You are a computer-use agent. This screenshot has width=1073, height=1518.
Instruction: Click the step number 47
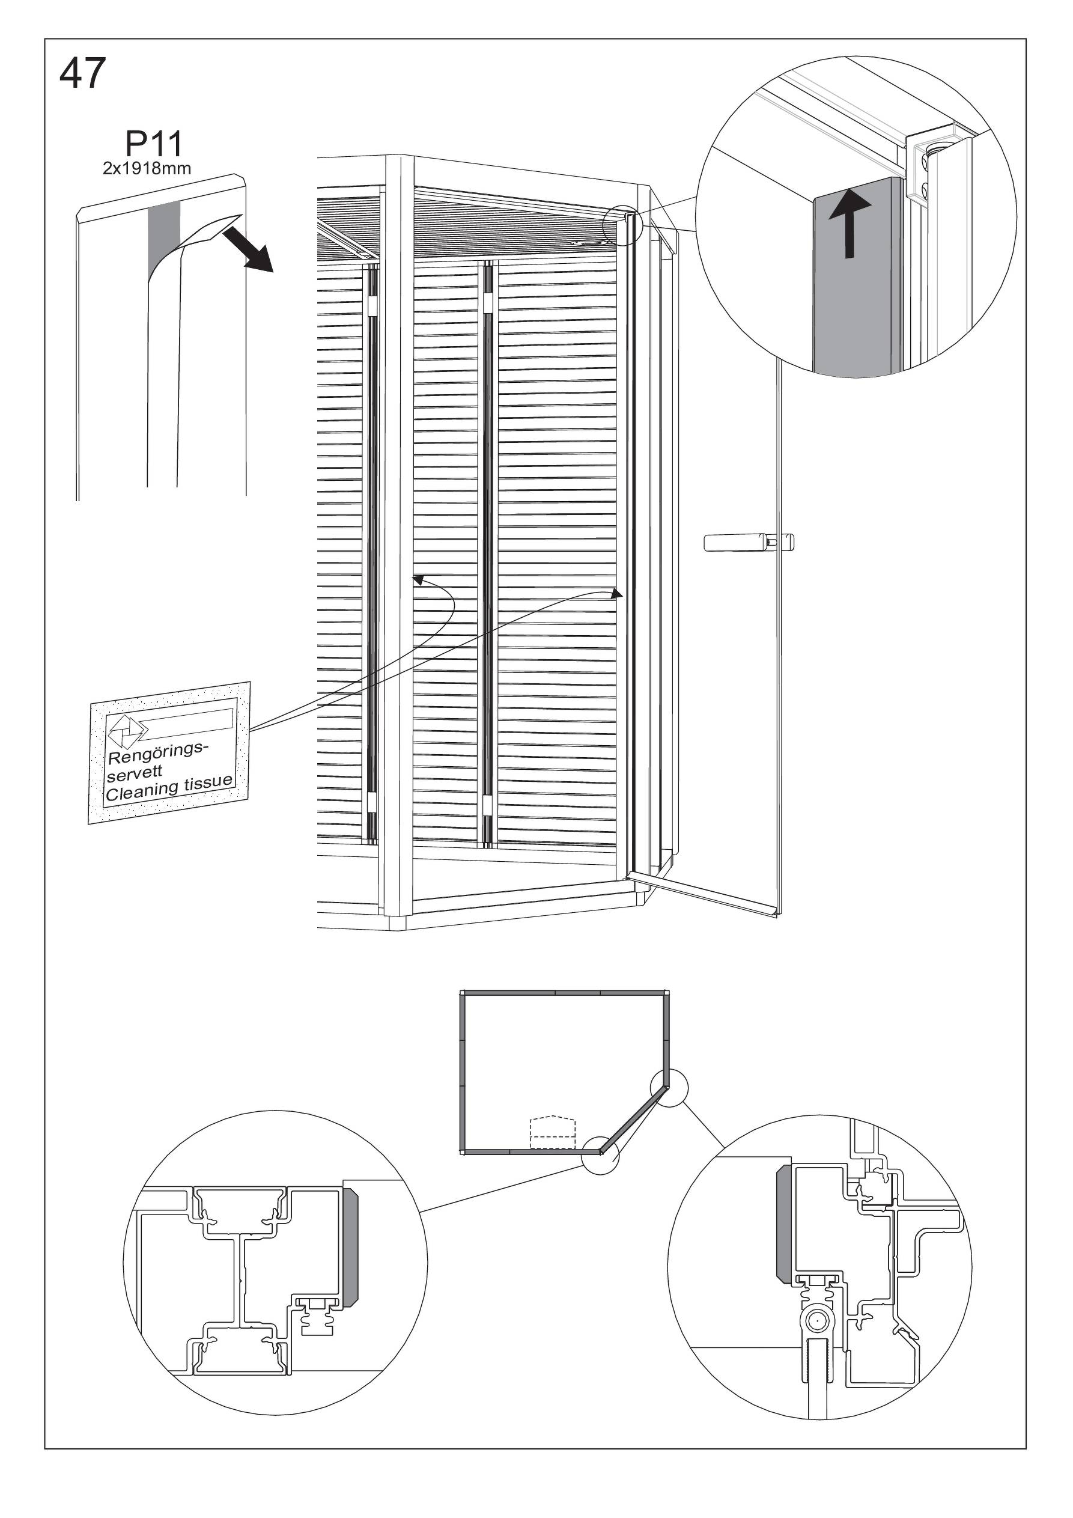point(83,73)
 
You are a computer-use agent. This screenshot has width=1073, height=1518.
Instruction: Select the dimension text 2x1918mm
point(147,169)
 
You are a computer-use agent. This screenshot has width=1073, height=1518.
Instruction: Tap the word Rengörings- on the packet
point(158,752)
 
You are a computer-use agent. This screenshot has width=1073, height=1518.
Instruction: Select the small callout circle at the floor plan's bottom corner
point(600,1154)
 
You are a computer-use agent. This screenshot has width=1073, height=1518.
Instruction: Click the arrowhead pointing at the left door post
point(418,580)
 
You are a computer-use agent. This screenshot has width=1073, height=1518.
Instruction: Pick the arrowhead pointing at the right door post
point(617,593)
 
